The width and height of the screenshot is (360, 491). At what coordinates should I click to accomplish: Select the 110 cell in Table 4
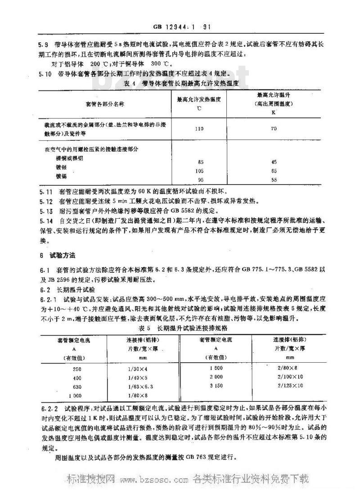(198, 129)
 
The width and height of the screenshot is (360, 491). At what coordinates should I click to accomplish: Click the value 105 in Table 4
(198, 171)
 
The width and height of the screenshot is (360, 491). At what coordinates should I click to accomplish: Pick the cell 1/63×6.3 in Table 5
(141, 386)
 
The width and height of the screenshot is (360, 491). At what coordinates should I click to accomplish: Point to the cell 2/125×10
(290, 386)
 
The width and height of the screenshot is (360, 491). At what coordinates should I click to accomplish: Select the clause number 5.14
(46, 221)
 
